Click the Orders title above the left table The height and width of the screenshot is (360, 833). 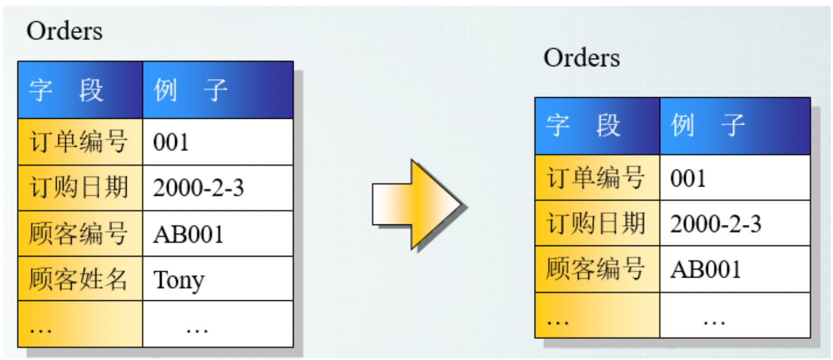(64, 31)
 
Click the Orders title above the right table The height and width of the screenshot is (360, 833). (582, 58)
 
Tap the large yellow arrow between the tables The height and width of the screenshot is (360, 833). (417, 205)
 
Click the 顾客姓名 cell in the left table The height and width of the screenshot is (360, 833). (79, 279)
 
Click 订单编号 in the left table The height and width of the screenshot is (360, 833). (79, 142)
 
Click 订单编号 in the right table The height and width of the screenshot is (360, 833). (596, 178)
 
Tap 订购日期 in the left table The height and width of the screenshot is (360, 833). (79, 188)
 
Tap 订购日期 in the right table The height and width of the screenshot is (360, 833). (596, 224)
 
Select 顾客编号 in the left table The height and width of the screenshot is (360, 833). (79, 234)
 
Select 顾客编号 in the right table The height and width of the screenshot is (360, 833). (596, 269)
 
